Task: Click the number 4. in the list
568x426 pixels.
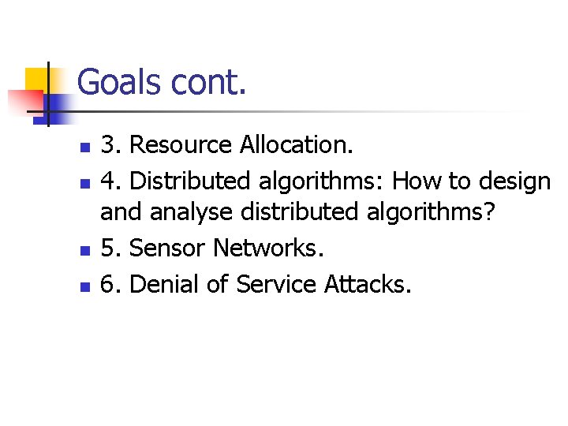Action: coord(111,181)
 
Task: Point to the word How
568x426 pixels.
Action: coord(417,181)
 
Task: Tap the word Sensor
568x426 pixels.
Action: coord(167,248)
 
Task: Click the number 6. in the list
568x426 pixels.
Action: coord(111,283)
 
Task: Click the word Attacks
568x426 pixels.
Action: coord(368,283)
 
